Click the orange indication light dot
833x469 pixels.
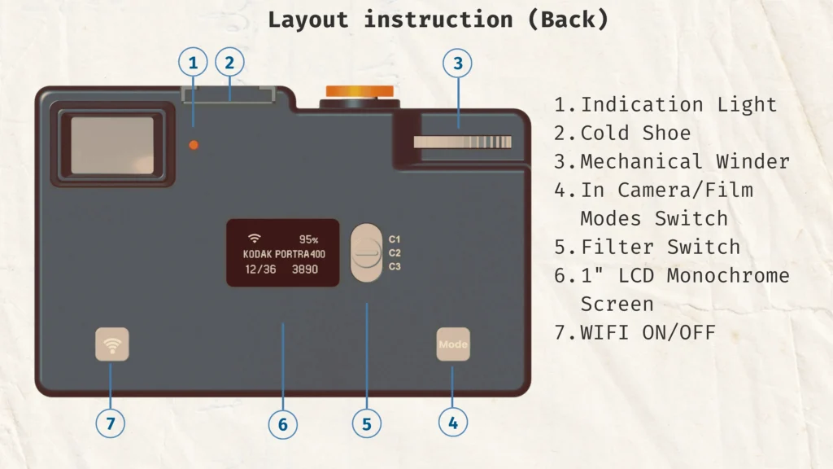pos(194,145)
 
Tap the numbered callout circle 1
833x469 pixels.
pos(193,63)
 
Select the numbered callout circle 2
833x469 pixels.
pos(229,63)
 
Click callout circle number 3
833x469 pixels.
pos(458,63)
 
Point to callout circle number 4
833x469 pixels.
pos(453,422)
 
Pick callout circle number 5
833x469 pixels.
pos(367,423)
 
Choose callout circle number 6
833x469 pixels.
pos(283,423)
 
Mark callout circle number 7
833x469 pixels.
pos(111,423)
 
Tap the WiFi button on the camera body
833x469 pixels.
pos(112,344)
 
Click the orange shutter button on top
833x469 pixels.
pos(359,90)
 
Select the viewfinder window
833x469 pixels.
pos(112,145)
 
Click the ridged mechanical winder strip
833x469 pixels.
pos(462,142)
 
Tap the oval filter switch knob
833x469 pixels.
pos(367,253)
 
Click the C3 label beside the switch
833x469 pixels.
pos(395,266)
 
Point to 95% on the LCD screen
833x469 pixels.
pos(308,239)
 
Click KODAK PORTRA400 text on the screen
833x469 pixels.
pos(284,254)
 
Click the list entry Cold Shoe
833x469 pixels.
pos(635,133)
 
